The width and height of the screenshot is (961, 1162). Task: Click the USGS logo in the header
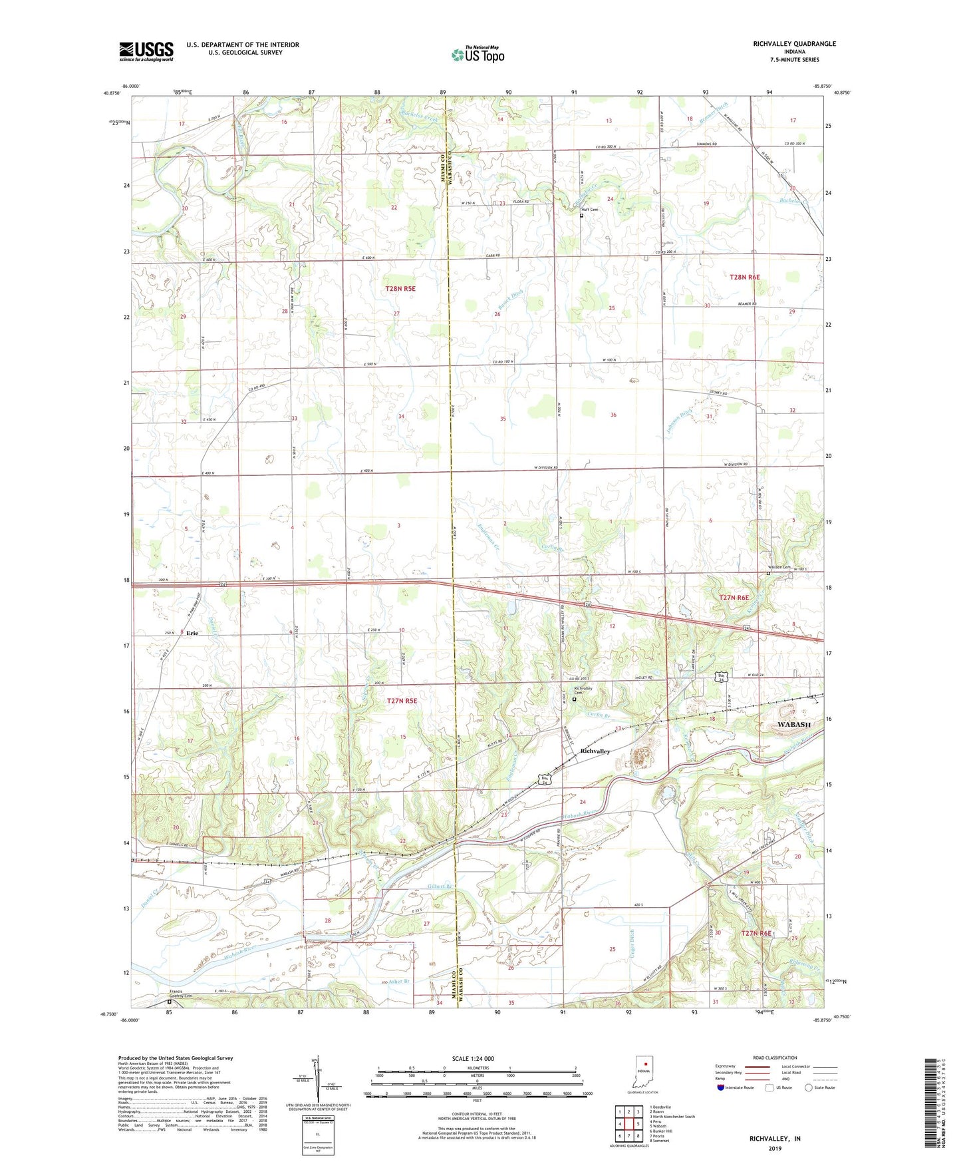tap(146, 51)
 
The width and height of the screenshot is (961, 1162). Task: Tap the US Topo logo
tap(477, 55)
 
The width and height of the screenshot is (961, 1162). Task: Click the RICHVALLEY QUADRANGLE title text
tap(785, 44)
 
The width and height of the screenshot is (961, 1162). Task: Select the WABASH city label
tap(794, 724)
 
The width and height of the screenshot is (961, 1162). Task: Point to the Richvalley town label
tap(595, 751)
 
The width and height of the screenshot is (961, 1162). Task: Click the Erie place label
tap(192, 633)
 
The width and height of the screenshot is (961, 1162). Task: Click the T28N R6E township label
tap(744, 277)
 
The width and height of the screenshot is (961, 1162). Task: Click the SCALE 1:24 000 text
tap(472, 1059)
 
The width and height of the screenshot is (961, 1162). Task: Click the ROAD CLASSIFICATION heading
tap(775, 1058)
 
